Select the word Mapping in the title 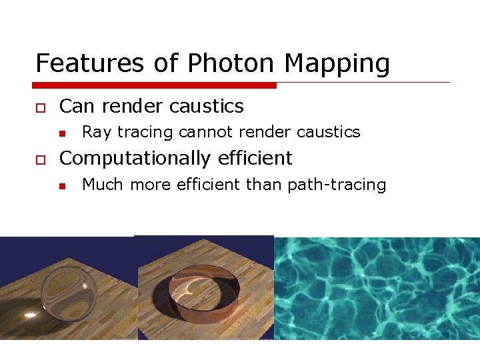point(337,64)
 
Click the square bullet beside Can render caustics point(40,107)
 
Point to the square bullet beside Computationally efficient point(40,159)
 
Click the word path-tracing point(337,185)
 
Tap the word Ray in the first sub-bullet point(96,133)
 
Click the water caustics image point(377,288)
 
